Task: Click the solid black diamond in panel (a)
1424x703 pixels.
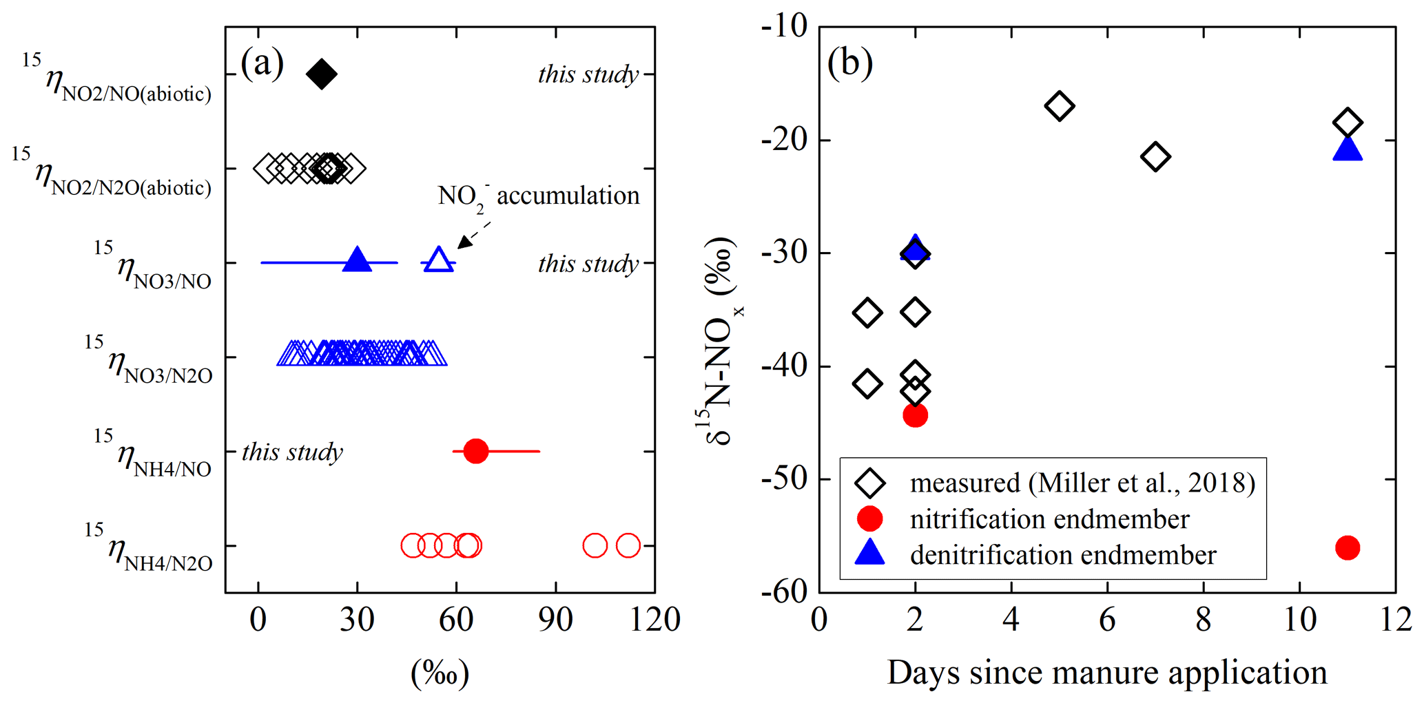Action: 322,74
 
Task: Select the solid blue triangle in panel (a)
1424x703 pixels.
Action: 357,260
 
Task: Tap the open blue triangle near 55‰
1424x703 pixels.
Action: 439,260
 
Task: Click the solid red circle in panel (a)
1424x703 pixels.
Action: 476,451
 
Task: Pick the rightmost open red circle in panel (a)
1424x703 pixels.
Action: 628,545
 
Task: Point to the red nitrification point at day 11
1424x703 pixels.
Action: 1348,548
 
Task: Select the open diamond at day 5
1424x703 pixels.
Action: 1060,106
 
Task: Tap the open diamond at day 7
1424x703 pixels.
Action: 1155,157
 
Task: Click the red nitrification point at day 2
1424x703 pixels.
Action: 915,415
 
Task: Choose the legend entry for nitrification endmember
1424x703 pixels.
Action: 1049,519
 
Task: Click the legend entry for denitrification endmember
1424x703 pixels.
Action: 1063,555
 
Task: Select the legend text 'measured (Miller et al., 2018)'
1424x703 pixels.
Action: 1082,483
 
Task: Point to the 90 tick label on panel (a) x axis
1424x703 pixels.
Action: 555,620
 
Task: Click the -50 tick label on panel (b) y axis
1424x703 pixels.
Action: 784,479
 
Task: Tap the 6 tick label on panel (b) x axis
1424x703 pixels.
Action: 1107,620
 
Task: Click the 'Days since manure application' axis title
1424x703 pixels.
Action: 1107,673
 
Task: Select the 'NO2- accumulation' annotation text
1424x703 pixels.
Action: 539,196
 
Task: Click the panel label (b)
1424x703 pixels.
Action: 850,63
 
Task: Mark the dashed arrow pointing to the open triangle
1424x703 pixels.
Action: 475,234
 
